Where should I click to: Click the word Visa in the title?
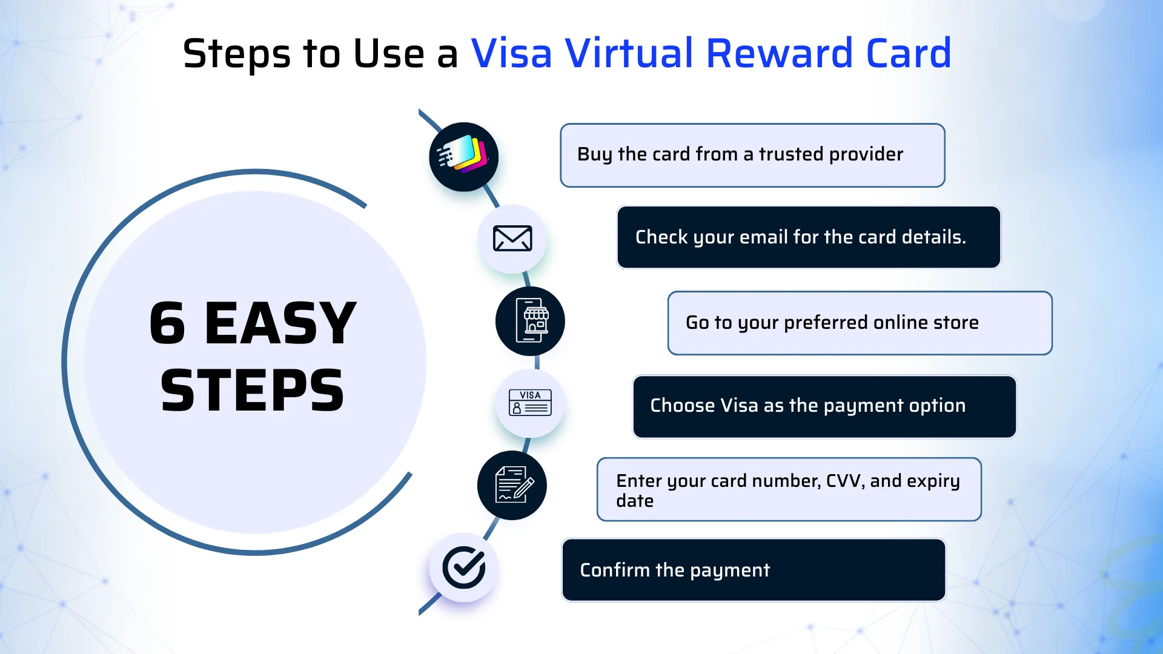coord(511,53)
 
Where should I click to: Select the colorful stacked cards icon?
coord(463,156)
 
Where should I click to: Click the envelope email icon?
coord(512,239)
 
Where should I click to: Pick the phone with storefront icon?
coord(530,321)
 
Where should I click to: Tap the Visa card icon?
coord(530,403)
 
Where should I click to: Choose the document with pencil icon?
coord(512,485)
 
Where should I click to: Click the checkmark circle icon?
coord(463,567)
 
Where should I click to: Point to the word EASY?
coord(280,324)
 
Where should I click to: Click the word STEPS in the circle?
coord(252,391)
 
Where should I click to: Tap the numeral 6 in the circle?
coord(167,324)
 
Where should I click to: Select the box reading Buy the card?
coord(752,155)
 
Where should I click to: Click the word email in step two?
coord(763,237)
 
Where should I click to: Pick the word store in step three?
coord(956,322)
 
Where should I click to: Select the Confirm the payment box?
coord(754,570)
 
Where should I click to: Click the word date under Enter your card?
coord(635,501)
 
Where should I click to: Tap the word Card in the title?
coord(909,53)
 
